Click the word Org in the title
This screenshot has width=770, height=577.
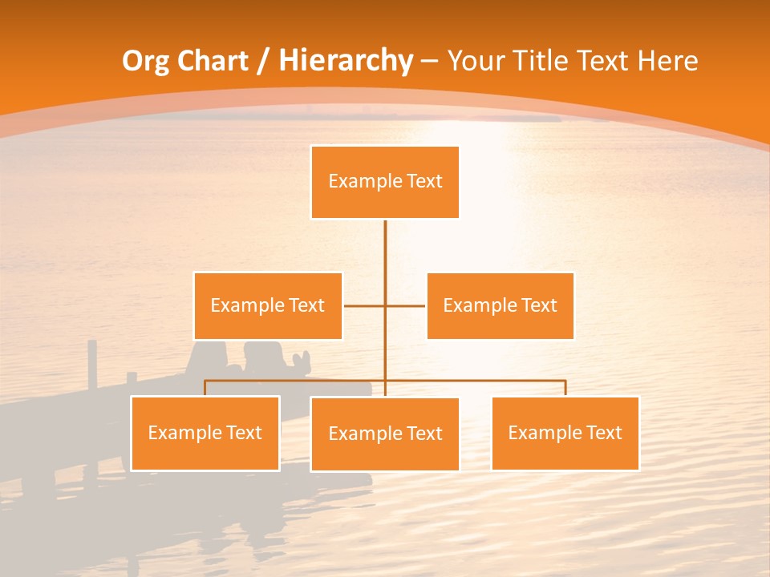point(145,61)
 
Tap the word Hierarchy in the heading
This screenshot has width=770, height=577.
point(346,61)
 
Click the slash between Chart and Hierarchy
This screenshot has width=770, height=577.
point(264,62)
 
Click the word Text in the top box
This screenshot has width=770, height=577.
point(424,181)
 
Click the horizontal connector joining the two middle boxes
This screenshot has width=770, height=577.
point(365,305)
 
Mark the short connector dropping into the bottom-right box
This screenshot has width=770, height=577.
point(565,388)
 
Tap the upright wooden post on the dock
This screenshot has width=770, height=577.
point(92,365)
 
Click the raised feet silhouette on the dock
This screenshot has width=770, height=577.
point(301,361)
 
